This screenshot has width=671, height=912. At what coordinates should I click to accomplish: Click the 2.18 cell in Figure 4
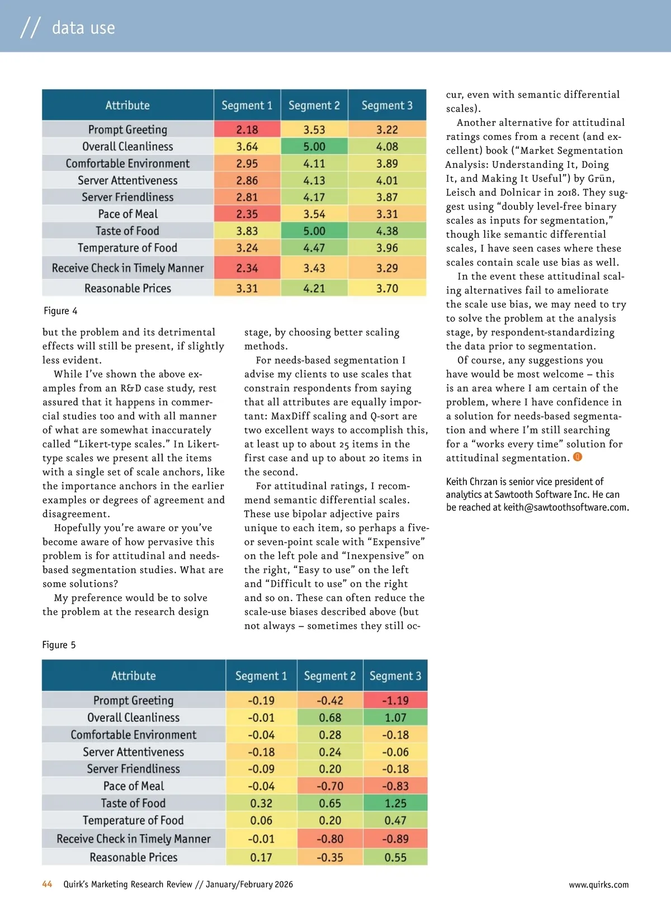(247, 130)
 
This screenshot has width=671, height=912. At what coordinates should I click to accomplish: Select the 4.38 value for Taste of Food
(387, 231)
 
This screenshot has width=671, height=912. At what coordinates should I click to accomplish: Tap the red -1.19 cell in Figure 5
(395, 701)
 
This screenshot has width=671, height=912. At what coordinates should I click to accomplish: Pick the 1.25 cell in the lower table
(395, 804)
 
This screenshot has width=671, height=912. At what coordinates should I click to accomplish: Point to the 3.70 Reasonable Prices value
(387, 289)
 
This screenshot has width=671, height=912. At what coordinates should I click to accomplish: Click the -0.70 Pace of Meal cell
(330, 786)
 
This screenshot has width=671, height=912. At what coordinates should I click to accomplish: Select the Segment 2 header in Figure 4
(314, 106)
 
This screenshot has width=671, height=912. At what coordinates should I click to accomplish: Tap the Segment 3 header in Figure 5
(395, 676)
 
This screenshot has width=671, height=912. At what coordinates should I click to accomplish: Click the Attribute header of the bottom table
(134, 676)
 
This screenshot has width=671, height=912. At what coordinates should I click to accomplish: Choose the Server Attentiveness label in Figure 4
(127, 181)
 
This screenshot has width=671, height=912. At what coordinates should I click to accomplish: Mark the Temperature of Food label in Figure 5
(133, 820)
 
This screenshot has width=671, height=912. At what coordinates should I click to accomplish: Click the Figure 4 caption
(60, 311)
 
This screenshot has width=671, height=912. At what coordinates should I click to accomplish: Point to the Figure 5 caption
(59, 645)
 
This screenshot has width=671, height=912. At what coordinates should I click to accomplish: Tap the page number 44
(47, 884)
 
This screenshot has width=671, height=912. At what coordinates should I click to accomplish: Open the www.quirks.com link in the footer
(598, 885)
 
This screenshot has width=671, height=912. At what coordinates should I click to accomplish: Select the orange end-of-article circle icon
(578, 457)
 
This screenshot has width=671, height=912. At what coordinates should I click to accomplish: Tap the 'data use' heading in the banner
(83, 27)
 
